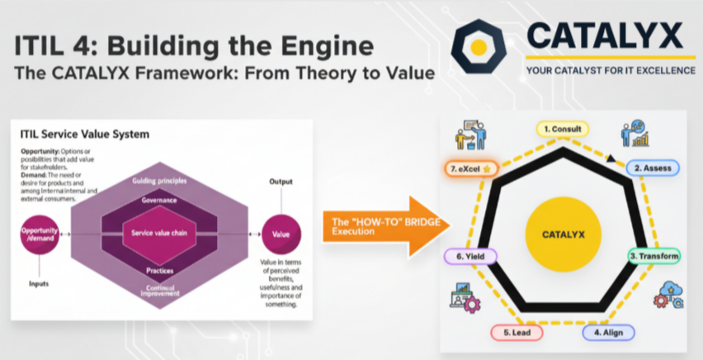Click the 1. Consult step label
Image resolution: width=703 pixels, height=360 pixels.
point(564,129)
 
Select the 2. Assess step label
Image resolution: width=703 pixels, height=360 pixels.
point(651,168)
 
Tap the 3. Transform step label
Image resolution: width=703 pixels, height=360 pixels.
point(654,256)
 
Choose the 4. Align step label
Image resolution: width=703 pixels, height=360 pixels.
point(608,332)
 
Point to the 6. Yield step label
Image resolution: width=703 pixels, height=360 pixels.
point(470,257)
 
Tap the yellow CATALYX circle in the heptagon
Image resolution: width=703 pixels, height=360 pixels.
point(563,234)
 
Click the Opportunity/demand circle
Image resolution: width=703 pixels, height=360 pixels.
point(40,234)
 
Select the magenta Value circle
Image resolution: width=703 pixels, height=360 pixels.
point(281,234)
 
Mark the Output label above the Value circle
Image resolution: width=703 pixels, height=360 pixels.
point(281,181)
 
